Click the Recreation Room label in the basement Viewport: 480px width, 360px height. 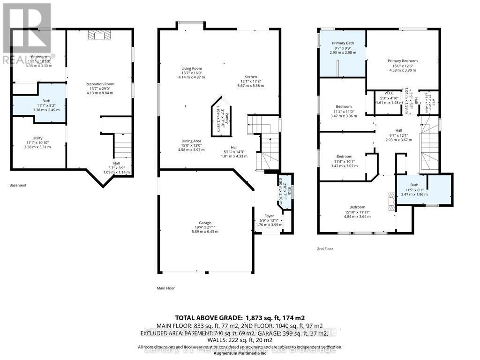pos(100,84)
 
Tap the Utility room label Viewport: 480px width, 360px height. pos(37,138)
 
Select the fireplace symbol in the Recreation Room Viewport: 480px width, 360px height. pos(99,36)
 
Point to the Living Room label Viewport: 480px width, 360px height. pos(192,69)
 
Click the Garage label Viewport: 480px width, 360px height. pos(205,223)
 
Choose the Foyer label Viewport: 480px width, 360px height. pos(269,216)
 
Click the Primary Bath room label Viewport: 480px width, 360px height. pos(343,43)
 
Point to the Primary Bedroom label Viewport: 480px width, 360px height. pos(402,61)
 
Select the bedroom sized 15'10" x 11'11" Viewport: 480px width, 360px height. pos(357,207)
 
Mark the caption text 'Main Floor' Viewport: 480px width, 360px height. pos(165,288)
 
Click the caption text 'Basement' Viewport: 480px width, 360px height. pos(18,185)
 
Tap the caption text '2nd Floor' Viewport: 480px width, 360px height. pos(325,249)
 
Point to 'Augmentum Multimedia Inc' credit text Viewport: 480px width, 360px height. pos(240,352)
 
